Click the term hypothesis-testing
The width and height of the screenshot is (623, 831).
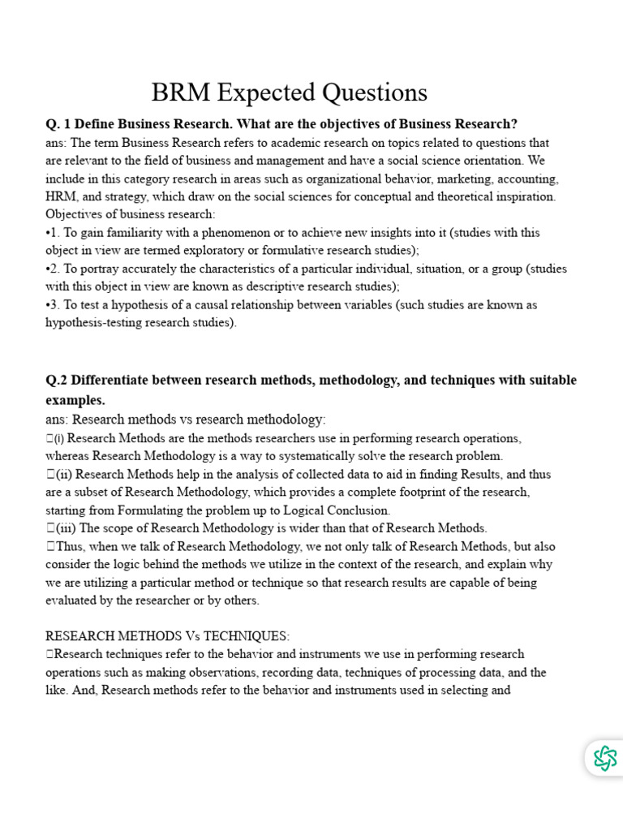click(99, 323)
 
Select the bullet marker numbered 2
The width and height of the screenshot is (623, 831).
click(53, 269)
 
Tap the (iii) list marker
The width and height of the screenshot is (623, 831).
click(63, 528)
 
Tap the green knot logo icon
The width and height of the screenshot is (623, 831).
click(604, 758)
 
